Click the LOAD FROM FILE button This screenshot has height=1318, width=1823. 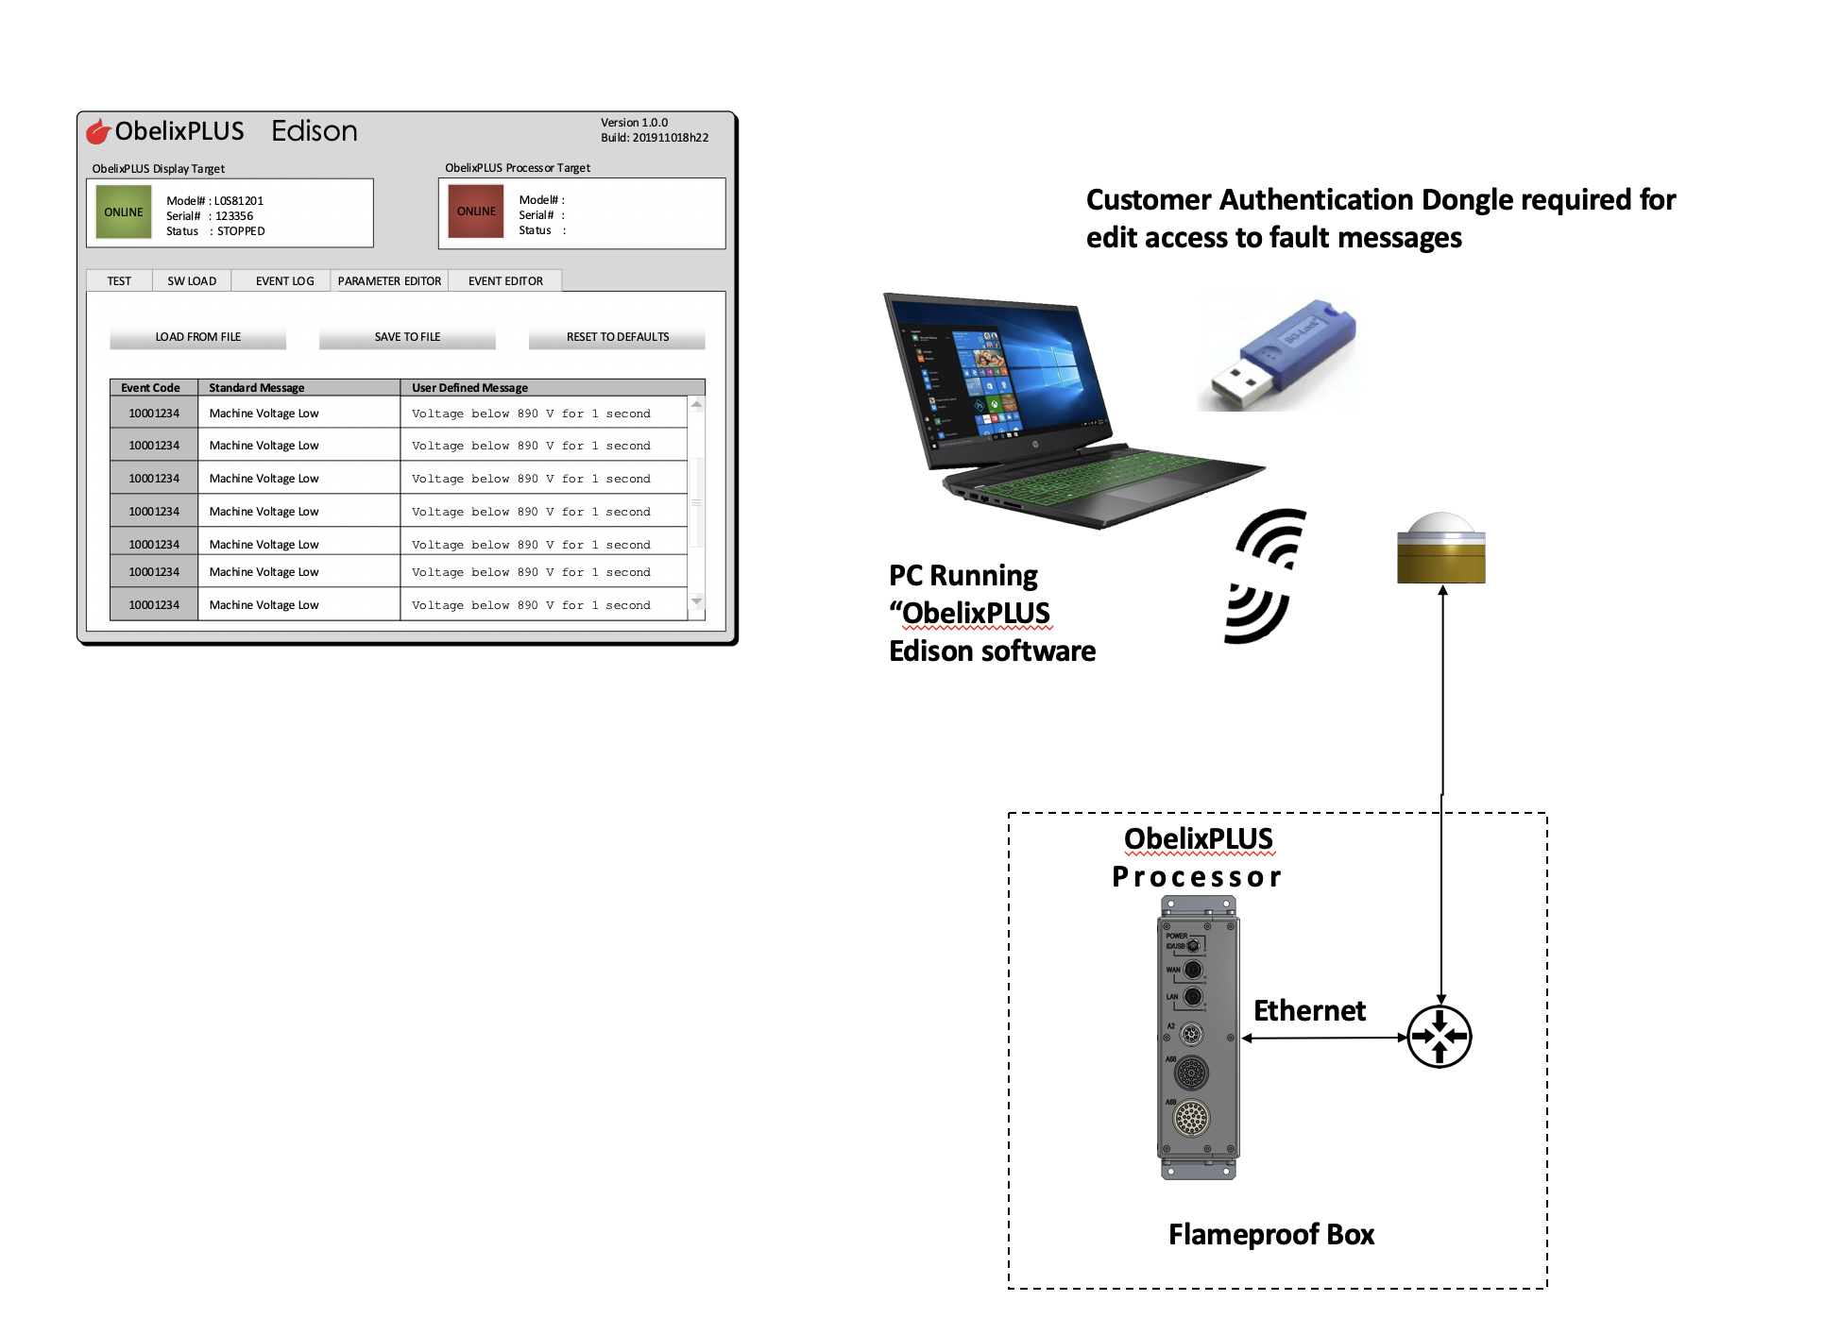pyautogui.click(x=197, y=337)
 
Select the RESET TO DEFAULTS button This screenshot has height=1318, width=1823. pyautogui.click(x=617, y=337)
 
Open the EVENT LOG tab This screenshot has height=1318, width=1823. pyautogui.click(x=284, y=281)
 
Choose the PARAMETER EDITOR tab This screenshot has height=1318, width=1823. pyautogui.click(x=389, y=281)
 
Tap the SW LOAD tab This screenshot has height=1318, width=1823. pyautogui.click(x=192, y=281)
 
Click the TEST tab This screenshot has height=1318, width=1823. pyautogui.click(x=119, y=281)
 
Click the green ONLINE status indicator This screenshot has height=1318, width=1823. pyautogui.click(x=124, y=212)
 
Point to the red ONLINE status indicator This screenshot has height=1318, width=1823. pyautogui.click(x=476, y=211)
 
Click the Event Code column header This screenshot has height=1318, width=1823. pyautogui.click(x=151, y=388)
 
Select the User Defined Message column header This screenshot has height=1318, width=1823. pyautogui.click(x=470, y=388)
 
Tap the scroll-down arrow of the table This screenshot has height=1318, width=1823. pyautogui.click(x=697, y=601)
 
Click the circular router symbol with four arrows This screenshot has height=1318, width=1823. pyautogui.click(x=1439, y=1036)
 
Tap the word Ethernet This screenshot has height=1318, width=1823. pyautogui.click(x=1309, y=1011)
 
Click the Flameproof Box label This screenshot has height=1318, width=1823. pyautogui.click(x=1270, y=1234)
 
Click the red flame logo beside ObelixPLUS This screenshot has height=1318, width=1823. pyautogui.click(x=98, y=131)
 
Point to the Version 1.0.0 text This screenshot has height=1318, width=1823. pyautogui.click(x=634, y=123)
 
